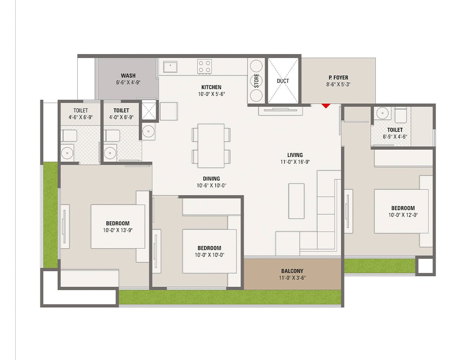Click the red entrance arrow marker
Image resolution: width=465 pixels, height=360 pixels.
(326, 105)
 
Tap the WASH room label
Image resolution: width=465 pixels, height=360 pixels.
(128, 75)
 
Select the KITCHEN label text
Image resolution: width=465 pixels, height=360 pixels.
(211, 87)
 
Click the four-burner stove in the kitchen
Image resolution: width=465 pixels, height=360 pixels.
(204, 66)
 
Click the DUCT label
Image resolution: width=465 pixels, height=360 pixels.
(283, 81)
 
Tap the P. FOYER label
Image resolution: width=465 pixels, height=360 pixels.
(338, 78)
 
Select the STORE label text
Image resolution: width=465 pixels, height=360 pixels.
(257, 81)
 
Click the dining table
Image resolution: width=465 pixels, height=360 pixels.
(211, 145)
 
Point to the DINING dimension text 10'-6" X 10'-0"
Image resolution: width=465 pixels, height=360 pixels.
(211, 185)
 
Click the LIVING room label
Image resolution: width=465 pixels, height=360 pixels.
(295, 155)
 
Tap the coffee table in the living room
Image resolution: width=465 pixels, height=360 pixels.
(296, 201)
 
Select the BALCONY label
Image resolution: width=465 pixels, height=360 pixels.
(292, 271)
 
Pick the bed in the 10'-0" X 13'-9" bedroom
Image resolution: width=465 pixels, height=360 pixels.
(118, 226)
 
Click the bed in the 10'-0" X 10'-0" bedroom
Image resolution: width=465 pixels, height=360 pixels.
(209, 251)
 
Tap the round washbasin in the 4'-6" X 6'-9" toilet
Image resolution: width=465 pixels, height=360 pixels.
(67, 153)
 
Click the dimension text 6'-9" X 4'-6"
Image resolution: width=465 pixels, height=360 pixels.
(395, 136)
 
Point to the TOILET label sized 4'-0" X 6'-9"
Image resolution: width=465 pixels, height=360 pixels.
(121, 111)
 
